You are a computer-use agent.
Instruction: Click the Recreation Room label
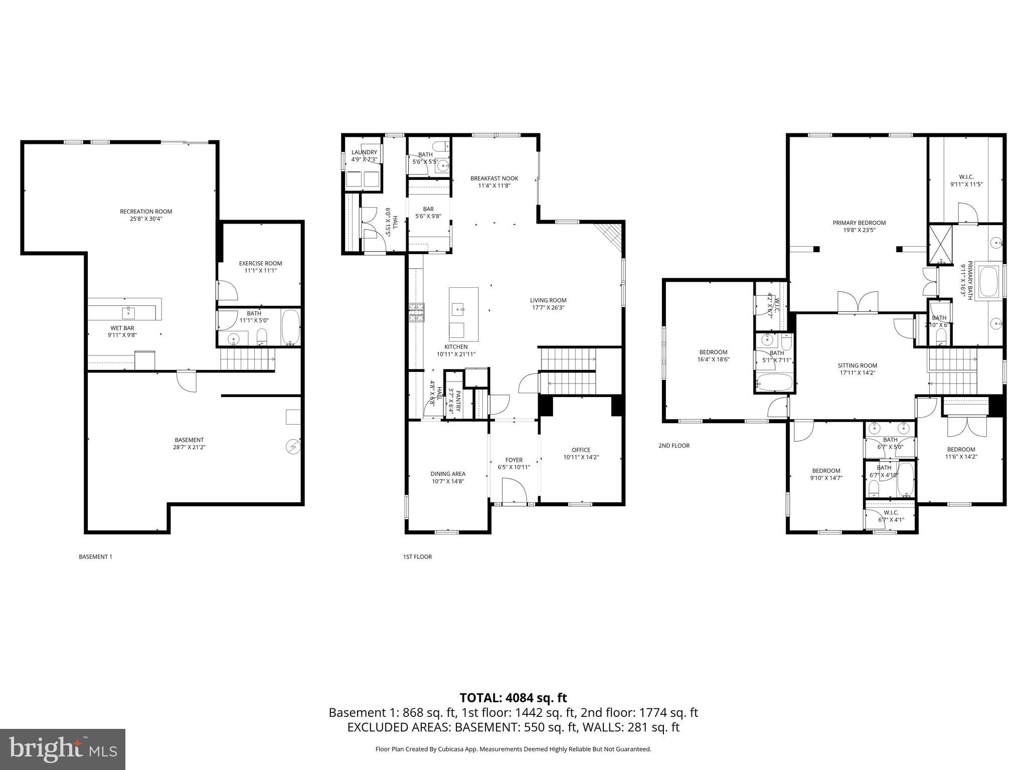(145, 212)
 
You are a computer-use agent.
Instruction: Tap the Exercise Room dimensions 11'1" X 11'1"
(260, 270)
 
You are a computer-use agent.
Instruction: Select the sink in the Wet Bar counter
(129, 313)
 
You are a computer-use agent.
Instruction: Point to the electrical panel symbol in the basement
(292, 446)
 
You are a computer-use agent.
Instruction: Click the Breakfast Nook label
(494, 178)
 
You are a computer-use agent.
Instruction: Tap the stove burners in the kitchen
(416, 312)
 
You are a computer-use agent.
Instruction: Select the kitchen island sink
(458, 309)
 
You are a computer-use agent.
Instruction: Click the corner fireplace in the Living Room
(610, 238)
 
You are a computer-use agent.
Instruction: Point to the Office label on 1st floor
(581, 450)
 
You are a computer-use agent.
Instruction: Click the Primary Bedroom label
(859, 223)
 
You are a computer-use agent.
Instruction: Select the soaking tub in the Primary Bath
(989, 282)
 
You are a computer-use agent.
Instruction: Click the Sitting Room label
(857, 365)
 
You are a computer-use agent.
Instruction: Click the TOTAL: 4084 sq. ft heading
(513, 698)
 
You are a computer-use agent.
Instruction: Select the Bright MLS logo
(63, 749)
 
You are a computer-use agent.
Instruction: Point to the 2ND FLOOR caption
(673, 445)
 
